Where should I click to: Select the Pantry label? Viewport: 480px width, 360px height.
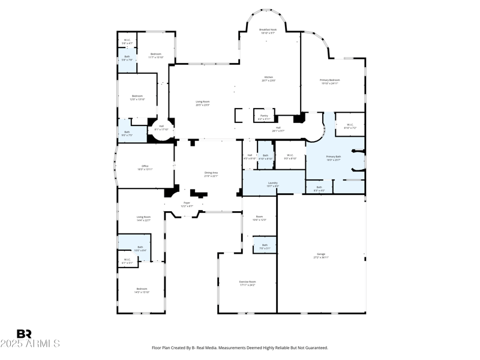tap(264, 116)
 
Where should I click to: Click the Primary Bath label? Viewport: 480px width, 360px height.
tap(334, 158)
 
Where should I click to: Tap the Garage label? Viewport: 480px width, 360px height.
tap(322, 256)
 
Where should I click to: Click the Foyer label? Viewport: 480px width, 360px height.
tap(187, 205)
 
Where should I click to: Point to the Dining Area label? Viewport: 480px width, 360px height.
tap(211, 174)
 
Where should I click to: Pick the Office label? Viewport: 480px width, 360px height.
tap(145, 167)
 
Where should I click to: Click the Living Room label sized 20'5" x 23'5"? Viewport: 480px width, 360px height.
tap(202, 103)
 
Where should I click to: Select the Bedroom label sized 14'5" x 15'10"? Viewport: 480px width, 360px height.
tap(141, 290)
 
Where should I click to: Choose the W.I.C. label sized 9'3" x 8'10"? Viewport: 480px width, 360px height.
tap(290, 157)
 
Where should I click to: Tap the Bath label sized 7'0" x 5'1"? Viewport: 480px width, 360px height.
tap(264, 246)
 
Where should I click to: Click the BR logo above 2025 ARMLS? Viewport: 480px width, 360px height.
tap(24, 334)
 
